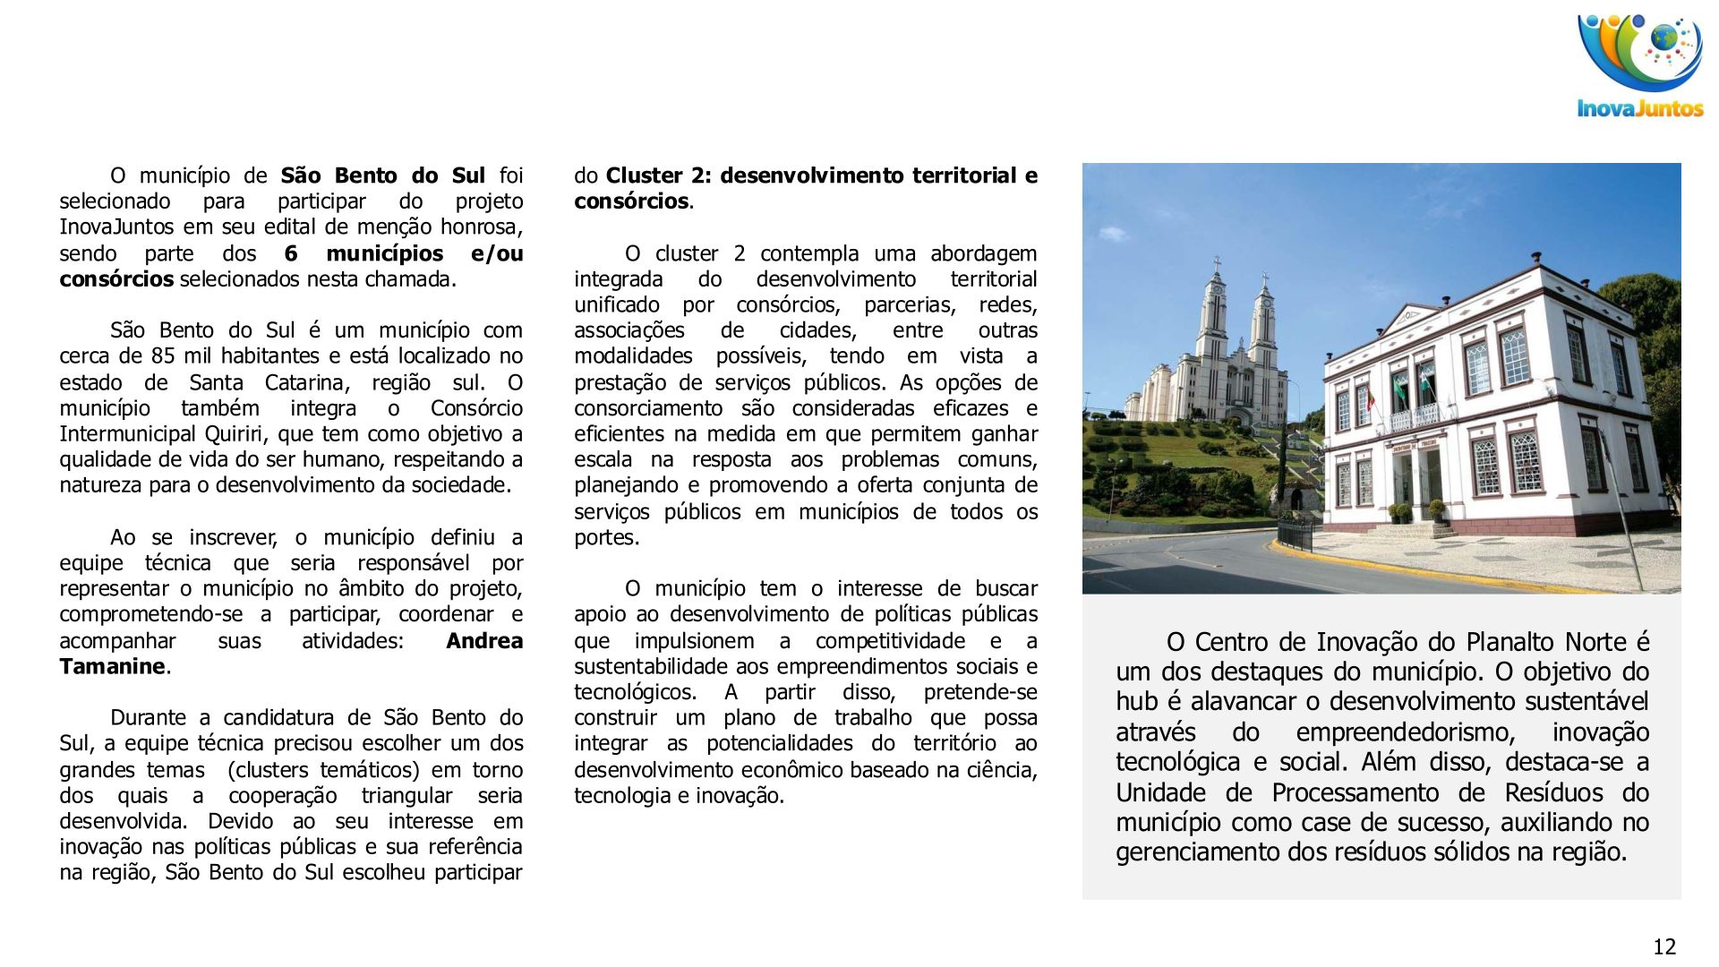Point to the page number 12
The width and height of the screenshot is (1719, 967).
click(x=1663, y=946)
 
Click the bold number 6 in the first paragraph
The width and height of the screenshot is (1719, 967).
click(x=291, y=253)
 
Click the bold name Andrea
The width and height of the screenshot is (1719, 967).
click(x=484, y=641)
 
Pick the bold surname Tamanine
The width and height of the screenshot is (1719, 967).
click(x=112, y=667)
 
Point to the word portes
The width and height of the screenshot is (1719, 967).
click(x=605, y=538)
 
